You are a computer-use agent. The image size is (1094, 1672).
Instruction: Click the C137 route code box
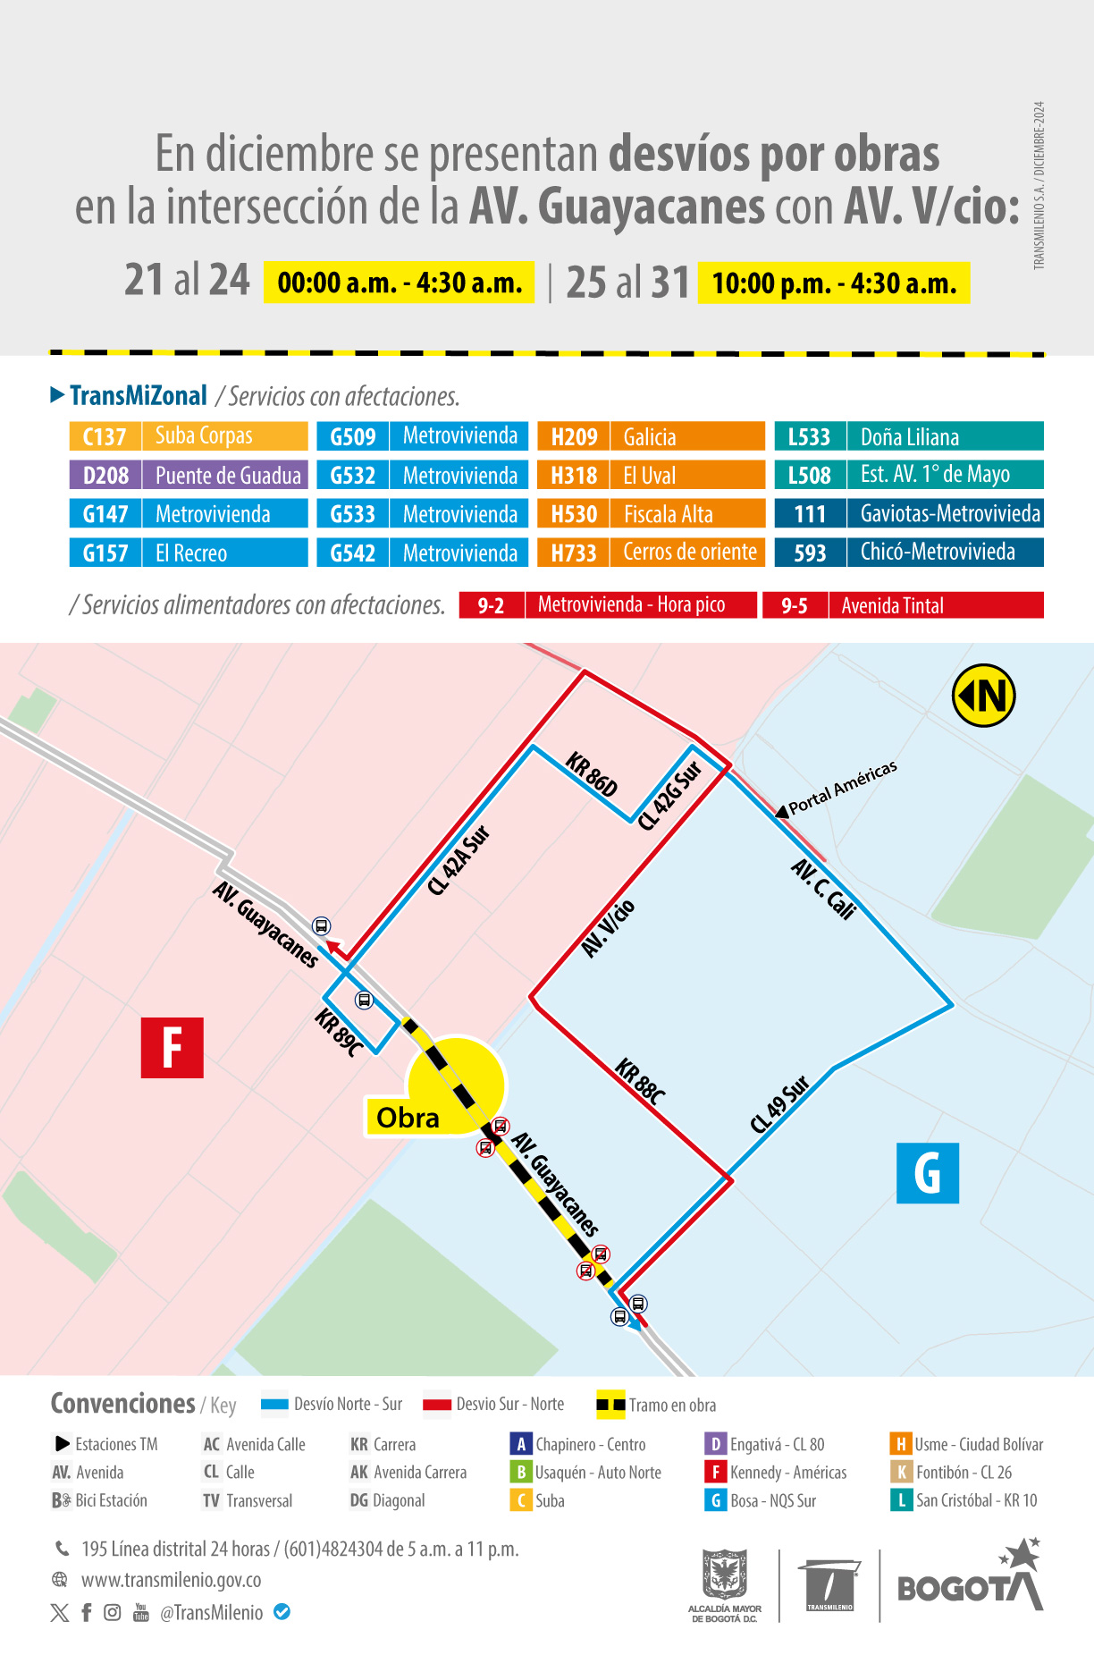click(x=105, y=436)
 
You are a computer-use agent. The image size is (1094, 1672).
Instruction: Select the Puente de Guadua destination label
click(x=227, y=476)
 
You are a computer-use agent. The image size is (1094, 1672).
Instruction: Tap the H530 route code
click(x=573, y=514)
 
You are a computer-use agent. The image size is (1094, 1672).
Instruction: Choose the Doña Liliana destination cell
click(x=944, y=436)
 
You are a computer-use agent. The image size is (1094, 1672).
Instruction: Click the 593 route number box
click(x=810, y=553)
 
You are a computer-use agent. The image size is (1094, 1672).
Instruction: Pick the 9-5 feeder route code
click(x=795, y=605)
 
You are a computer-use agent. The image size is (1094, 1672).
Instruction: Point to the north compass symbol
click(x=983, y=696)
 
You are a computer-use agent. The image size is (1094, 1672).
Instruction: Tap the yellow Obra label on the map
click(x=408, y=1118)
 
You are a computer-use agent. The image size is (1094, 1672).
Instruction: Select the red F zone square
click(x=173, y=1048)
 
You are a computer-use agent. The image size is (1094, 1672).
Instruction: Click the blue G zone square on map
click(x=927, y=1173)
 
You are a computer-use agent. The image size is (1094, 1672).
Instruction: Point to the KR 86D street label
click(x=592, y=774)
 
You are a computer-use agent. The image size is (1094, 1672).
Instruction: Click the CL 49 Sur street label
click(x=779, y=1104)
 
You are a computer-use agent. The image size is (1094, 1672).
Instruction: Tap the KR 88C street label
click(x=640, y=1082)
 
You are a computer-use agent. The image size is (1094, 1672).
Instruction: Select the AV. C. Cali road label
click(x=824, y=889)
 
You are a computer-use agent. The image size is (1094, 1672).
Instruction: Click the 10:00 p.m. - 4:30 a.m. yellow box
click(x=833, y=283)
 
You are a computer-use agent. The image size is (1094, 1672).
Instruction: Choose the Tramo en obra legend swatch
click(x=610, y=1405)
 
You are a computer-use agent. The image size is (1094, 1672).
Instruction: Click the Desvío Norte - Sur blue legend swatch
click(x=274, y=1405)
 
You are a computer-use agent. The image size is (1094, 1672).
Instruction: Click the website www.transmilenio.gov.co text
click(x=171, y=1580)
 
